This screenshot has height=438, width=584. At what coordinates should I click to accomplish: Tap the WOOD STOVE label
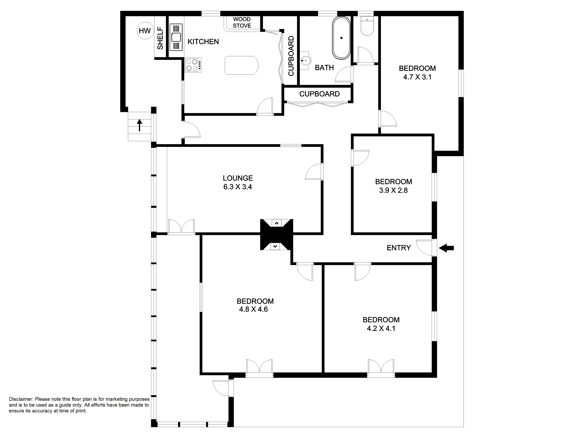coord(242,22)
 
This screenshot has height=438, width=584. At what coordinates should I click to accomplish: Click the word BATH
coord(324,68)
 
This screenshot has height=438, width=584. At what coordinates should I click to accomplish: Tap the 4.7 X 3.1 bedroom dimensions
coord(417,77)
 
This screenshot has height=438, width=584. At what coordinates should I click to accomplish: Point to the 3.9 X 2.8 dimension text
coord(393,190)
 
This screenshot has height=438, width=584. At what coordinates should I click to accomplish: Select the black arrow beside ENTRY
coord(446,248)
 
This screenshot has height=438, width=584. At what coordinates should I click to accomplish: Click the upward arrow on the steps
coord(139,125)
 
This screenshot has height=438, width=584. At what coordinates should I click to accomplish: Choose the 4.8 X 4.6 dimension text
coord(253,309)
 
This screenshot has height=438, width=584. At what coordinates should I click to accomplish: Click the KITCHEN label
coord(203,42)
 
